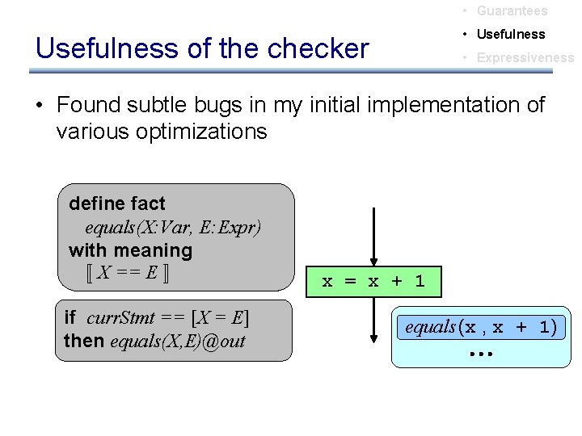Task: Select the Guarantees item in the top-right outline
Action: [x=512, y=11]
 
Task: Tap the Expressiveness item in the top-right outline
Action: [x=525, y=58]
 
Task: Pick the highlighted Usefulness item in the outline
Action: [x=511, y=35]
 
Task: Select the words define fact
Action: [x=116, y=203]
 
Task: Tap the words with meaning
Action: [x=130, y=250]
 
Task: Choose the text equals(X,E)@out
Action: [x=177, y=341]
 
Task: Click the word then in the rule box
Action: [x=84, y=341]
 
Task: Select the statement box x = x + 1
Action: [x=373, y=281]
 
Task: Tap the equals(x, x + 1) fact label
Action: [x=481, y=327]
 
